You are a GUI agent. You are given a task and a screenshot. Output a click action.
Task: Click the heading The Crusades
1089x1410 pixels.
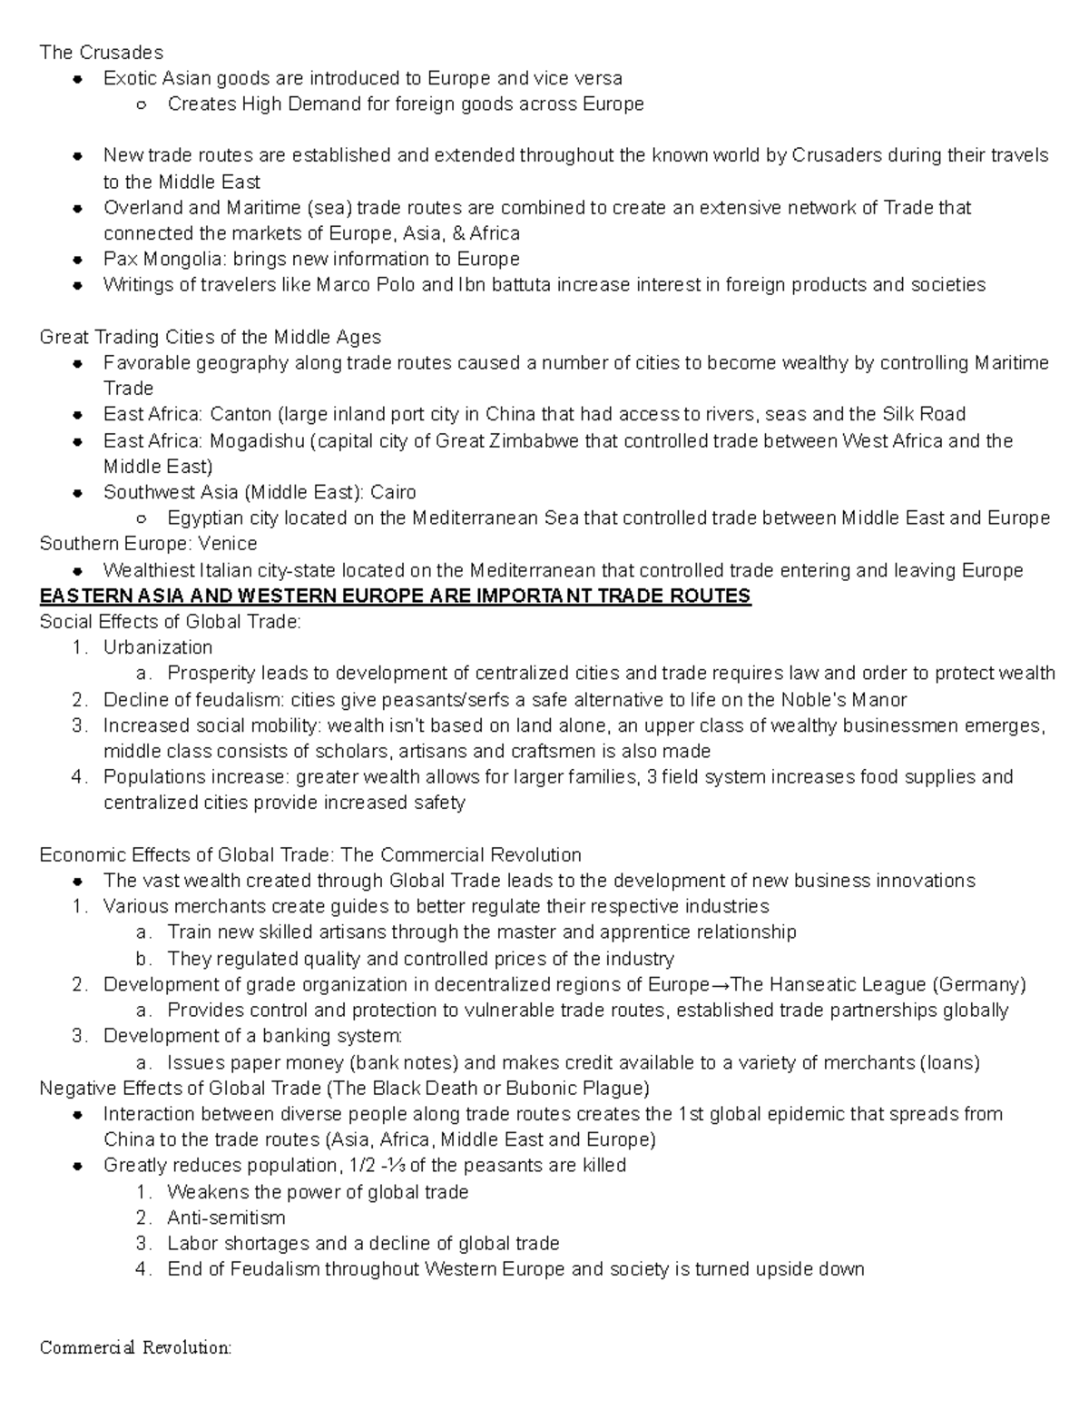click(101, 52)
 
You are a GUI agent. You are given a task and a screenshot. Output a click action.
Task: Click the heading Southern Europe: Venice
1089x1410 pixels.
click(148, 544)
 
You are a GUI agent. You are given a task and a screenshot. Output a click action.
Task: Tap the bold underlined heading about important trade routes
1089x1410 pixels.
click(395, 597)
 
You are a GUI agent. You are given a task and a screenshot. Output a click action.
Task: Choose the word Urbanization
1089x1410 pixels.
click(157, 647)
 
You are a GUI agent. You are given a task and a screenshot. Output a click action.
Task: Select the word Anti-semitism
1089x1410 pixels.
click(226, 1218)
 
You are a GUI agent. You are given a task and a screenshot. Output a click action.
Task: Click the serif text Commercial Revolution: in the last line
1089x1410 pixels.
click(136, 1347)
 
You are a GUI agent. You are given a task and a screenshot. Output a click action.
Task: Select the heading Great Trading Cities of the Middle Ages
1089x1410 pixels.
click(210, 338)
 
